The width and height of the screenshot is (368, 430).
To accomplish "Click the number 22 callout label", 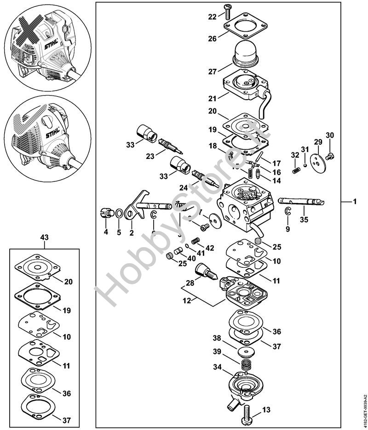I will point(212,17).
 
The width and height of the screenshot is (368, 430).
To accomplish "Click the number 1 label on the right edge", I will point(355,202).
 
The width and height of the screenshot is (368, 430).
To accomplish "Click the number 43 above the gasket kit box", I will point(44,237).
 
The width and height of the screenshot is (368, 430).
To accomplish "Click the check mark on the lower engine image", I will point(25,124).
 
